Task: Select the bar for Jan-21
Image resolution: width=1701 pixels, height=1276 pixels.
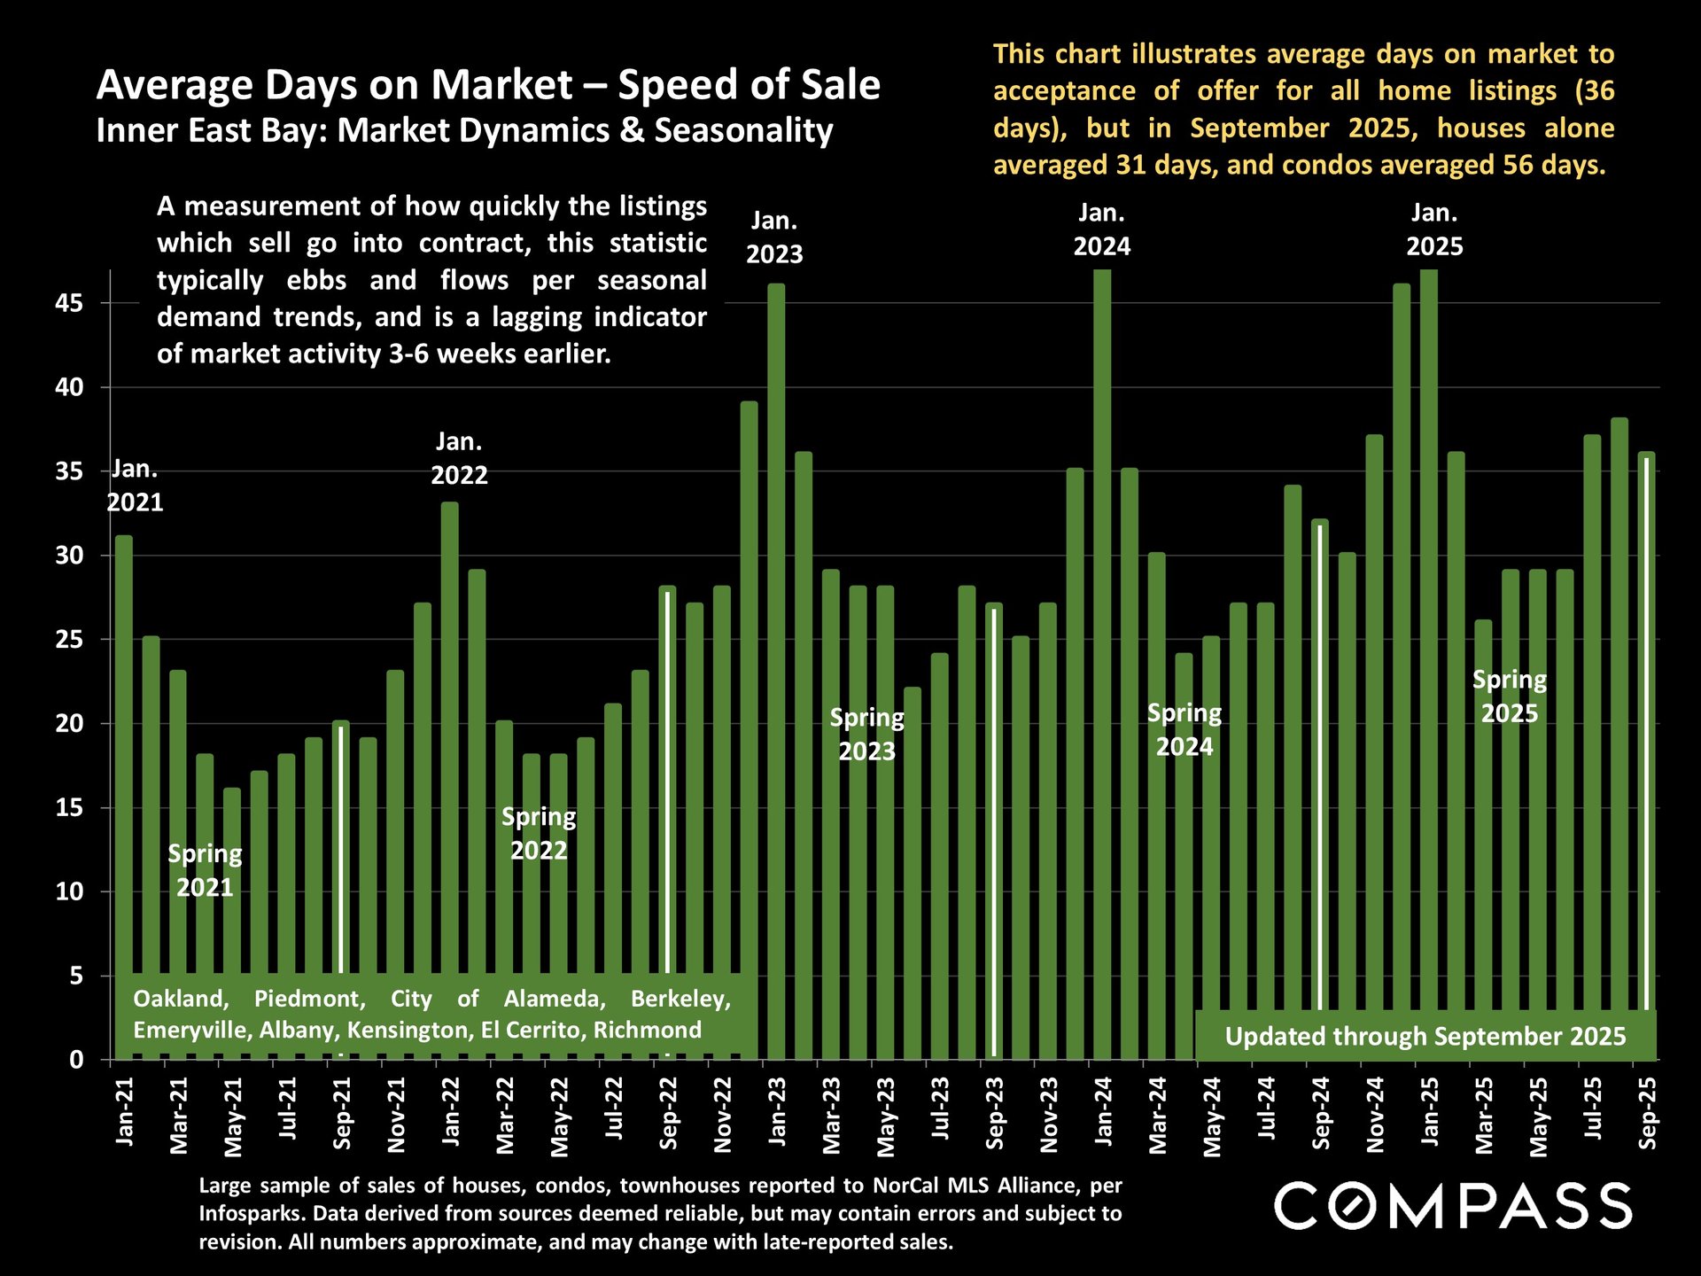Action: click(x=124, y=753)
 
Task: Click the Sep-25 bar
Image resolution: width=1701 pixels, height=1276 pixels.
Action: click(x=1646, y=709)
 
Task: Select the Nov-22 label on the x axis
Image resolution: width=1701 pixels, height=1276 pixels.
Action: click(x=723, y=1115)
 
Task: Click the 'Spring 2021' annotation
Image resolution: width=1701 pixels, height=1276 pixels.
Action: click(x=205, y=870)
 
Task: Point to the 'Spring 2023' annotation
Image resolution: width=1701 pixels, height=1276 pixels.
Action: click(x=866, y=735)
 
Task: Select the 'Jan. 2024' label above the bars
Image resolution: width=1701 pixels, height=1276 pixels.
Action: click(x=1101, y=230)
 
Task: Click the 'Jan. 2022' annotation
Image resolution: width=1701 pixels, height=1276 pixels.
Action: click(x=459, y=458)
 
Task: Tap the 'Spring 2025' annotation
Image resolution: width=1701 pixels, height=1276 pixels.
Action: click(x=1510, y=696)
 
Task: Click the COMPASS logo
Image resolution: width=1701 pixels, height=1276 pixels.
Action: click(x=1453, y=1206)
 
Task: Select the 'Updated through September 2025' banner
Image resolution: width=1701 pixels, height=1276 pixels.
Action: click(x=1425, y=1036)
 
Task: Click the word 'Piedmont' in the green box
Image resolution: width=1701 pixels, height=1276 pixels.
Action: click(x=309, y=999)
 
